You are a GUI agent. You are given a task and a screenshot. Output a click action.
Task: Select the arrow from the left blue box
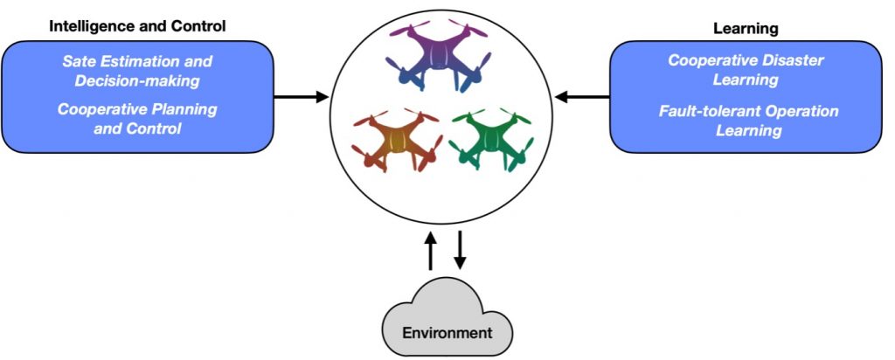pos(302,97)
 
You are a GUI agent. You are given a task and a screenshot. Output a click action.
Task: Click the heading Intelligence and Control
pos(137,26)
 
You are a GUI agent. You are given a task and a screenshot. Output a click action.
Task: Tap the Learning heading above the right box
pos(746,29)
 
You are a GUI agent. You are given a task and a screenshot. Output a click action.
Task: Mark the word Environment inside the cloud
pos(447,333)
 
